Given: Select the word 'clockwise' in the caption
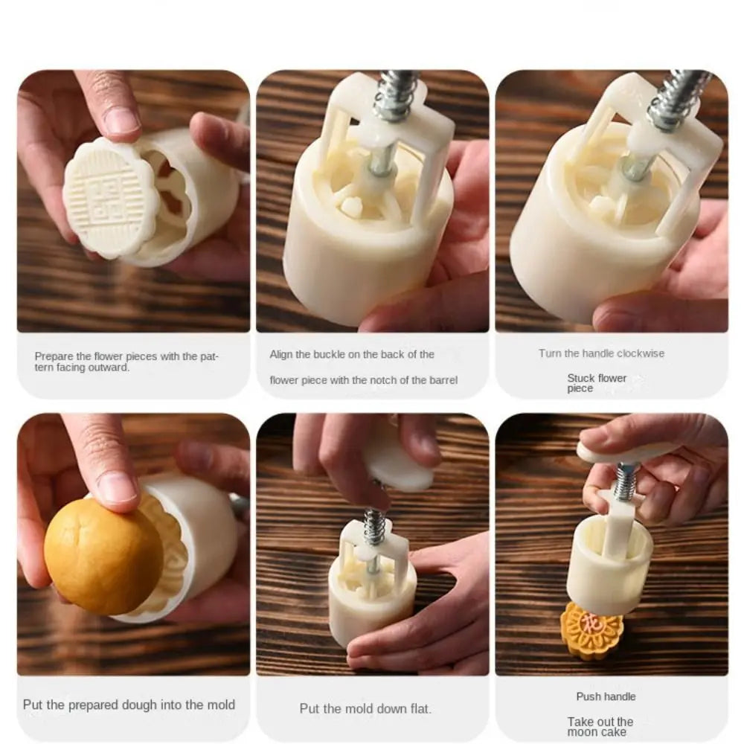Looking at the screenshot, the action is tap(641, 353).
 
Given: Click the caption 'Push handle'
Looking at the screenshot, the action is tap(606, 696).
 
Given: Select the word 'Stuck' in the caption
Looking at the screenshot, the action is tap(581, 378).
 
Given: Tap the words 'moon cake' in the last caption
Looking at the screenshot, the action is tap(597, 732).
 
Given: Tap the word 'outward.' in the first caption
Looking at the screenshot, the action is tap(111, 368).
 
